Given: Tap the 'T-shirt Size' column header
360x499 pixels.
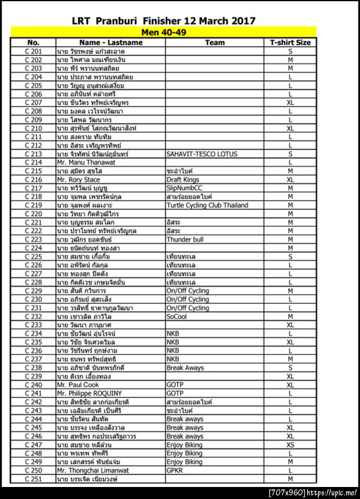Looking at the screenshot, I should pyautogui.click(x=290, y=43).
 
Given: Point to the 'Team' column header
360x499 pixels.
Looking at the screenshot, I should pyautogui.click(x=214, y=43).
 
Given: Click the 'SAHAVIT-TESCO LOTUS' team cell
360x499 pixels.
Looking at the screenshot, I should pyautogui.click(x=202, y=154).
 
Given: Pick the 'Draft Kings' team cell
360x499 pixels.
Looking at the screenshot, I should pyautogui.click(x=183, y=180).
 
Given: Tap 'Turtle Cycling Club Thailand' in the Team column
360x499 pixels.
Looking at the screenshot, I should pyautogui.click(x=207, y=205).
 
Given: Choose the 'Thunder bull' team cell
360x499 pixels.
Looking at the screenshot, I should pyautogui.click(x=185, y=239).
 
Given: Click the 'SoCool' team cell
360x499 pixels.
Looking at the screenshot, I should pyautogui.click(x=178, y=316).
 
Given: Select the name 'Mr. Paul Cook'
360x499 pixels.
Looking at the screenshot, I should pyautogui.click(x=78, y=384).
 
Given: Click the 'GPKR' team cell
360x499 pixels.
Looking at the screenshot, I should pyautogui.click(x=176, y=470).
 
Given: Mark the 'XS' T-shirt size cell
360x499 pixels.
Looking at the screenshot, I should pyautogui.click(x=290, y=445).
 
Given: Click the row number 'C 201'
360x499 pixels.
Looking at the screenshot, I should pyautogui.click(x=33, y=52).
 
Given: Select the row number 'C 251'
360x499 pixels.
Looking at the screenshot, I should pyautogui.click(x=33, y=479).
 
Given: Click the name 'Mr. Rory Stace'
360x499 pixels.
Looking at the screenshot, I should pyautogui.click(x=79, y=180).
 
